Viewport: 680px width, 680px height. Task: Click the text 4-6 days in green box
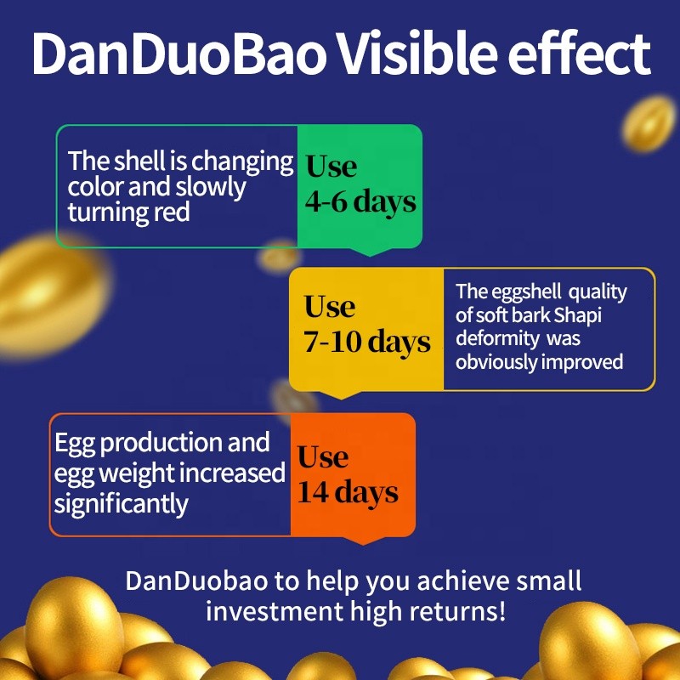(x=360, y=201)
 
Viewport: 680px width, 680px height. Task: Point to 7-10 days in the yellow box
(x=367, y=342)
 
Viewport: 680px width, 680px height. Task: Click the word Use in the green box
(x=331, y=167)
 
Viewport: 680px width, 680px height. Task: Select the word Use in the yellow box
(x=330, y=306)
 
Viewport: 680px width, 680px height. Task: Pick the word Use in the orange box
(x=323, y=456)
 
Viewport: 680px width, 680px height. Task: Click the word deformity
(x=497, y=338)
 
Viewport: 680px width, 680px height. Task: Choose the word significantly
(x=121, y=503)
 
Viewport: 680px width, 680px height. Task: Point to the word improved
(x=581, y=361)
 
